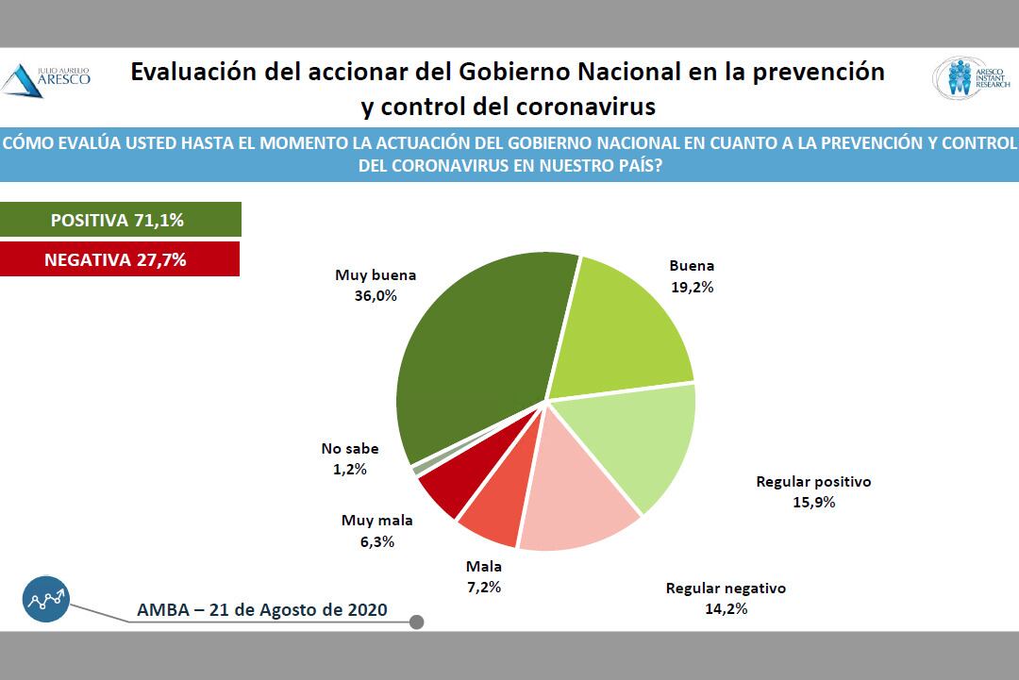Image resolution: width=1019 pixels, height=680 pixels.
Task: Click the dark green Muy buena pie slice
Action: click(x=472, y=349)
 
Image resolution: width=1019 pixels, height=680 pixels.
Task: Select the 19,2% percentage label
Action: click(x=692, y=287)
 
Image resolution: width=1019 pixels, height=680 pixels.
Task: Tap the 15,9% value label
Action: click(x=813, y=502)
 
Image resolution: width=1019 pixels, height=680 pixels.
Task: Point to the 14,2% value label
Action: click(x=725, y=608)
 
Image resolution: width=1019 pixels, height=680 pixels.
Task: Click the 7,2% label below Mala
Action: click(x=483, y=587)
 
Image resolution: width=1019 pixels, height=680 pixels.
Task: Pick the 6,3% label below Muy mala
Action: click(x=376, y=541)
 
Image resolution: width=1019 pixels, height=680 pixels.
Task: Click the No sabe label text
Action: click(x=349, y=449)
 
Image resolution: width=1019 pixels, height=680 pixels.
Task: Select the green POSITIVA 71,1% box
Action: click(x=120, y=220)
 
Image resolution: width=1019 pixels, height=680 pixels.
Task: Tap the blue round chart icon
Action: click(x=47, y=599)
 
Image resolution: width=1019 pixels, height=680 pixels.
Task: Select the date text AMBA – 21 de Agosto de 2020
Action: click(x=262, y=609)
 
